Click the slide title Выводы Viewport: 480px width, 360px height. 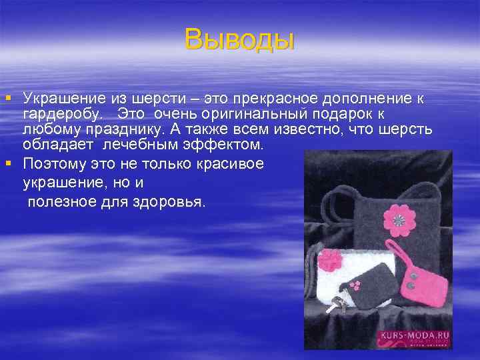(239, 39)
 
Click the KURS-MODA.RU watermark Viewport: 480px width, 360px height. (414, 337)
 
